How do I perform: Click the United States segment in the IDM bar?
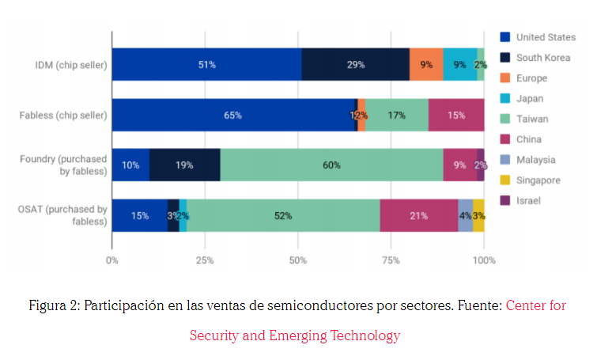[206, 64]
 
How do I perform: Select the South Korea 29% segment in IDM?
[355, 64]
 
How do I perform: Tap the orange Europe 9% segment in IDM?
[426, 64]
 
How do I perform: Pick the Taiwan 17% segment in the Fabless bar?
[396, 115]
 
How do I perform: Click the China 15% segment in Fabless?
[455, 115]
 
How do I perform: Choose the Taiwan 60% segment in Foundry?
[331, 165]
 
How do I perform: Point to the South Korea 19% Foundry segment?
[184, 165]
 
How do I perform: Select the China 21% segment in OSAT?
[418, 215]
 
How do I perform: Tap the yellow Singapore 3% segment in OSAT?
[478, 215]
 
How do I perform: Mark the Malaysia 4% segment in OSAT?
[465, 215]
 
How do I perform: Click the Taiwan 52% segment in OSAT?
[283, 215]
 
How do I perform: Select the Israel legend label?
[528, 200]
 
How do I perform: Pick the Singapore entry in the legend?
[538, 180]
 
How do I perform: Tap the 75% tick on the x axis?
[391, 259]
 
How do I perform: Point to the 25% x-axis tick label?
[205, 259]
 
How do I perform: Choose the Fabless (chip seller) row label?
[63, 115]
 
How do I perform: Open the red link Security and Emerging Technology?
[294, 335]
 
